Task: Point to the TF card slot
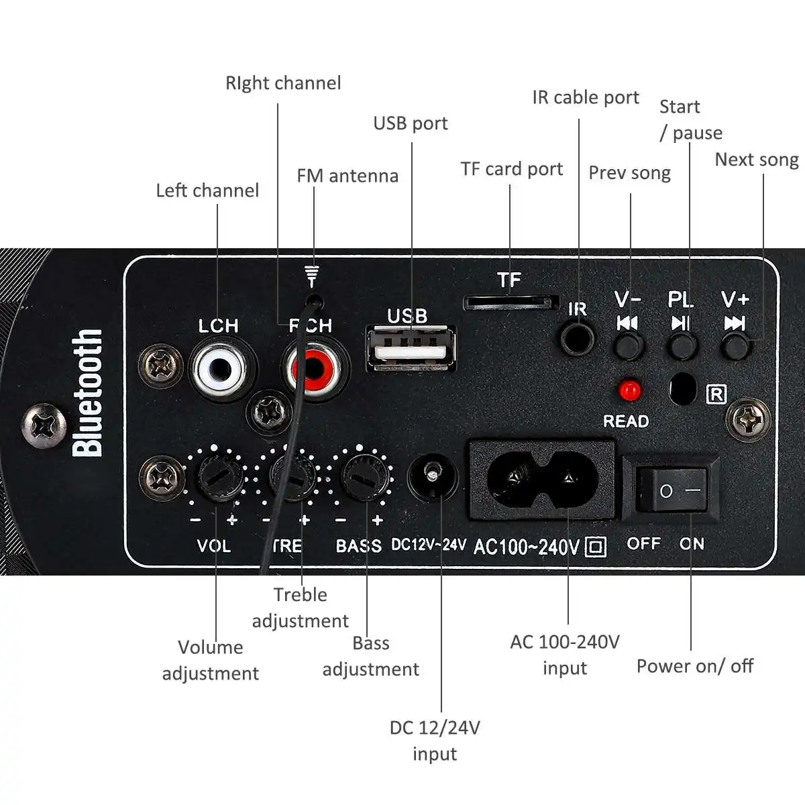tap(511, 303)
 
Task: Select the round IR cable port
tap(578, 337)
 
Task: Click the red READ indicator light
tap(629, 390)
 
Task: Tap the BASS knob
tap(364, 476)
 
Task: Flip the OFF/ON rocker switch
tap(671, 490)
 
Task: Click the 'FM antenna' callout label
tap(347, 176)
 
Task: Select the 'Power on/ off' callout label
tap(694, 666)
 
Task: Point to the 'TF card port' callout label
tap(511, 169)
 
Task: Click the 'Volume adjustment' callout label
tap(211, 660)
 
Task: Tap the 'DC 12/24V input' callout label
tap(435, 741)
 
